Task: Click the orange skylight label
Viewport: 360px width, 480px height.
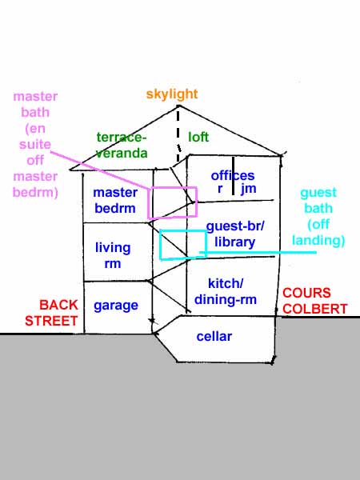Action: pos(172,94)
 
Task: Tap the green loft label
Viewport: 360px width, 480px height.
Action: pos(198,137)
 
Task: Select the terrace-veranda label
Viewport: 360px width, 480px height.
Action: pos(122,145)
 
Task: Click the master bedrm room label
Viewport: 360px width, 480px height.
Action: pos(114,200)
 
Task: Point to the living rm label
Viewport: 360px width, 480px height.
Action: pos(113,255)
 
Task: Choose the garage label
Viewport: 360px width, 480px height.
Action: pos(116,306)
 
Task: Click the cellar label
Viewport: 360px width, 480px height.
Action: pos(214,337)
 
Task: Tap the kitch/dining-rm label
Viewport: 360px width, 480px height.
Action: pos(226,291)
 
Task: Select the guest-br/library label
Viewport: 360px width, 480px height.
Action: pos(234,234)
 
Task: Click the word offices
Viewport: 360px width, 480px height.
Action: pos(233,176)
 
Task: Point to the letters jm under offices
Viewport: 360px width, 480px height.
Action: pos(248,189)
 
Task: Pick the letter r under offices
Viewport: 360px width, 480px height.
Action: pos(220,189)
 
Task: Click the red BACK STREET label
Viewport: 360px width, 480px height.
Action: pos(51,313)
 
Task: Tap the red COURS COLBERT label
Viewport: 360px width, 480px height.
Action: pos(314,301)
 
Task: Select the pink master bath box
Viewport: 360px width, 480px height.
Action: pos(149,203)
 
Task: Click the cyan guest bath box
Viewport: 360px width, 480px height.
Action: pos(161,245)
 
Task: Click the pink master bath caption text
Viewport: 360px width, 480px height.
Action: pos(35,145)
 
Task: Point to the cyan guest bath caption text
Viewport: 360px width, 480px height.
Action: pos(318,217)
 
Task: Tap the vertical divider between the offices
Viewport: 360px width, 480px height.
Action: pos(234,176)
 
